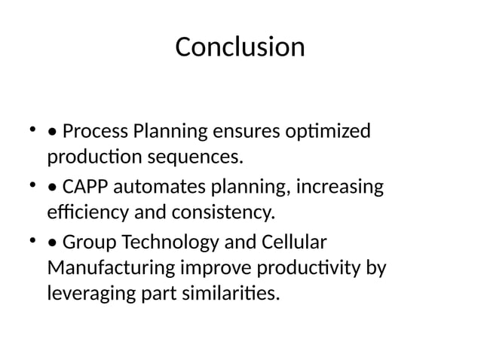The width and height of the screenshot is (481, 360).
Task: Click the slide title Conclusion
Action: (240, 47)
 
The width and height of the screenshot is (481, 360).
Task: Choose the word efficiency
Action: (82, 213)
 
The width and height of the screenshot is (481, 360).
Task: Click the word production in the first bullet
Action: (93, 158)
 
